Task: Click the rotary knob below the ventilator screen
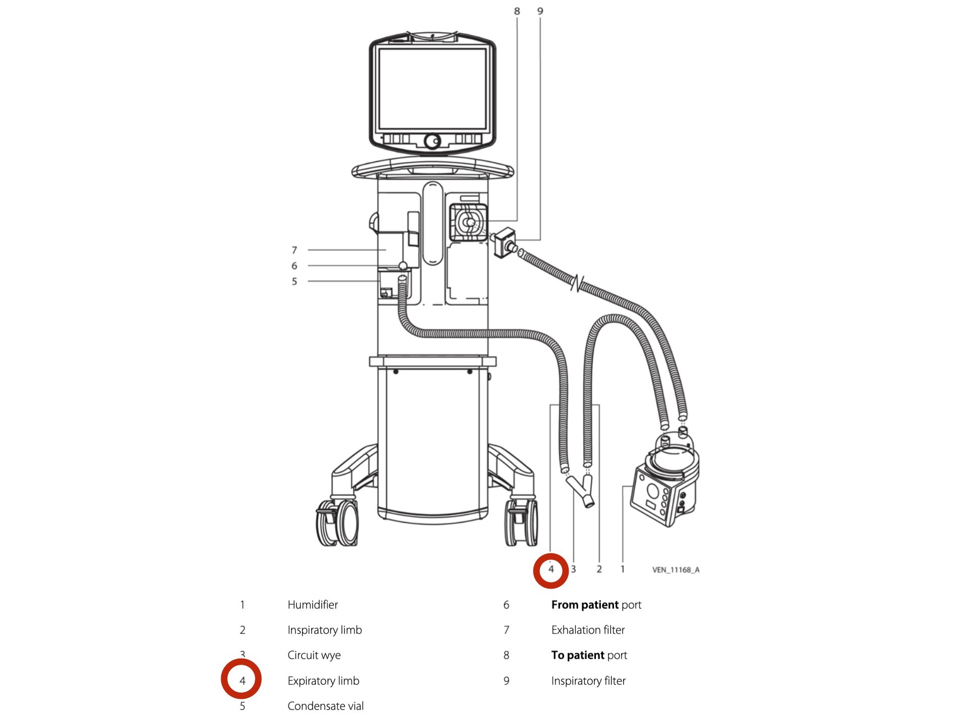pyautogui.click(x=432, y=141)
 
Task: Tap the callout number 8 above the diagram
pyautogui.click(x=517, y=11)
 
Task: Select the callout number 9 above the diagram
pyautogui.click(x=540, y=11)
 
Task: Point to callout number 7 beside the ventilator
pyautogui.click(x=295, y=250)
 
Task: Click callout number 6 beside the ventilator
pyautogui.click(x=295, y=266)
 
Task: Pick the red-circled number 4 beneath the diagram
pyautogui.click(x=551, y=569)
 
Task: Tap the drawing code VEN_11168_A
pyautogui.click(x=676, y=570)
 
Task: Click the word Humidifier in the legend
pyautogui.click(x=313, y=605)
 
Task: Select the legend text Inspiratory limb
pyautogui.click(x=325, y=630)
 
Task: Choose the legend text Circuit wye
pyautogui.click(x=314, y=656)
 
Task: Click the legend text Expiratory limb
pyautogui.click(x=323, y=681)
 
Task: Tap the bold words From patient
pyautogui.click(x=585, y=605)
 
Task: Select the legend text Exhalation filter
pyautogui.click(x=588, y=630)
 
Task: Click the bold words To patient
pyautogui.click(x=578, y=656)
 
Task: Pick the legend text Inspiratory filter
pyautogui.click(x=589, y=681)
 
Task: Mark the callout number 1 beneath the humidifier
pyautogui.click(x=623, y=569)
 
